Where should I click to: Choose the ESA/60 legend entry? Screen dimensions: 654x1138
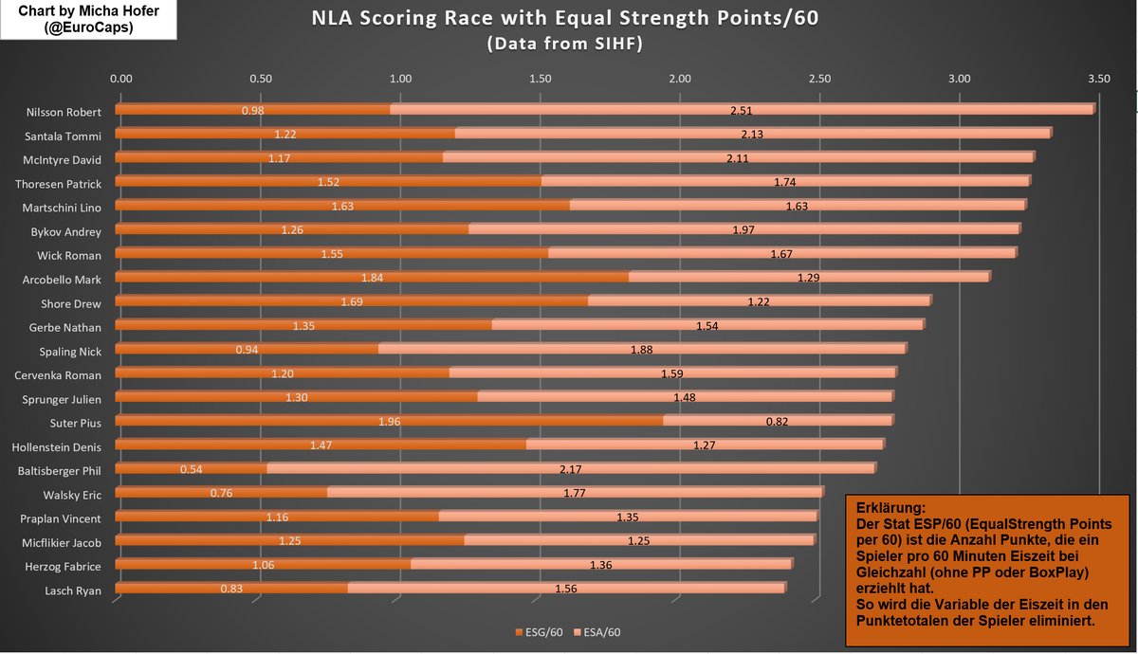599,632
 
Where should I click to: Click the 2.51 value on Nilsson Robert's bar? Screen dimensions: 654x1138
741,111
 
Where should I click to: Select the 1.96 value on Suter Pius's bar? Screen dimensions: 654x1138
390,422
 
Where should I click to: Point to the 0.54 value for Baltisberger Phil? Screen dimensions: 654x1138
191,469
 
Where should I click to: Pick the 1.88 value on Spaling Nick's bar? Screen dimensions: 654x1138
642,350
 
